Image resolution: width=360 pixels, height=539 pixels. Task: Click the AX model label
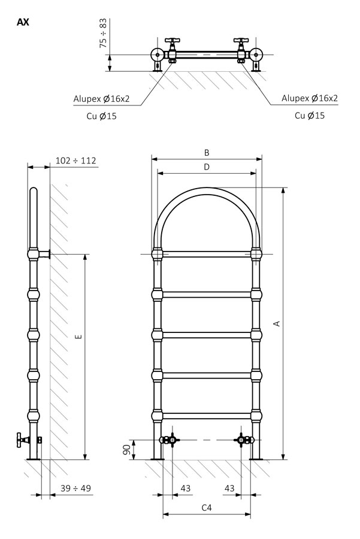click(23, 22)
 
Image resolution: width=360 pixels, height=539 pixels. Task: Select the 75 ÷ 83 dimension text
click(103, 33)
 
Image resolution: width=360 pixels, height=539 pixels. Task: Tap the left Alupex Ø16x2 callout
click(101, 99)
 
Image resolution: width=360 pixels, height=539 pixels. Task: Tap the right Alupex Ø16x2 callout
click(310, 98)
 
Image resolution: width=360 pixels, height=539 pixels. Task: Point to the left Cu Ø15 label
click(101, 116)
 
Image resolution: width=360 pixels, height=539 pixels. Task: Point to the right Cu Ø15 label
click(310, 116)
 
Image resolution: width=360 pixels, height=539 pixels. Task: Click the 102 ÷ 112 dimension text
click(75, 161)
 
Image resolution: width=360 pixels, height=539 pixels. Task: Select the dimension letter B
click(207, 153)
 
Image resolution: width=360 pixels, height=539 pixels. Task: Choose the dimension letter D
click(207, 167)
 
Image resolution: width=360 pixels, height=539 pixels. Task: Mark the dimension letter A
click(277, 323)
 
